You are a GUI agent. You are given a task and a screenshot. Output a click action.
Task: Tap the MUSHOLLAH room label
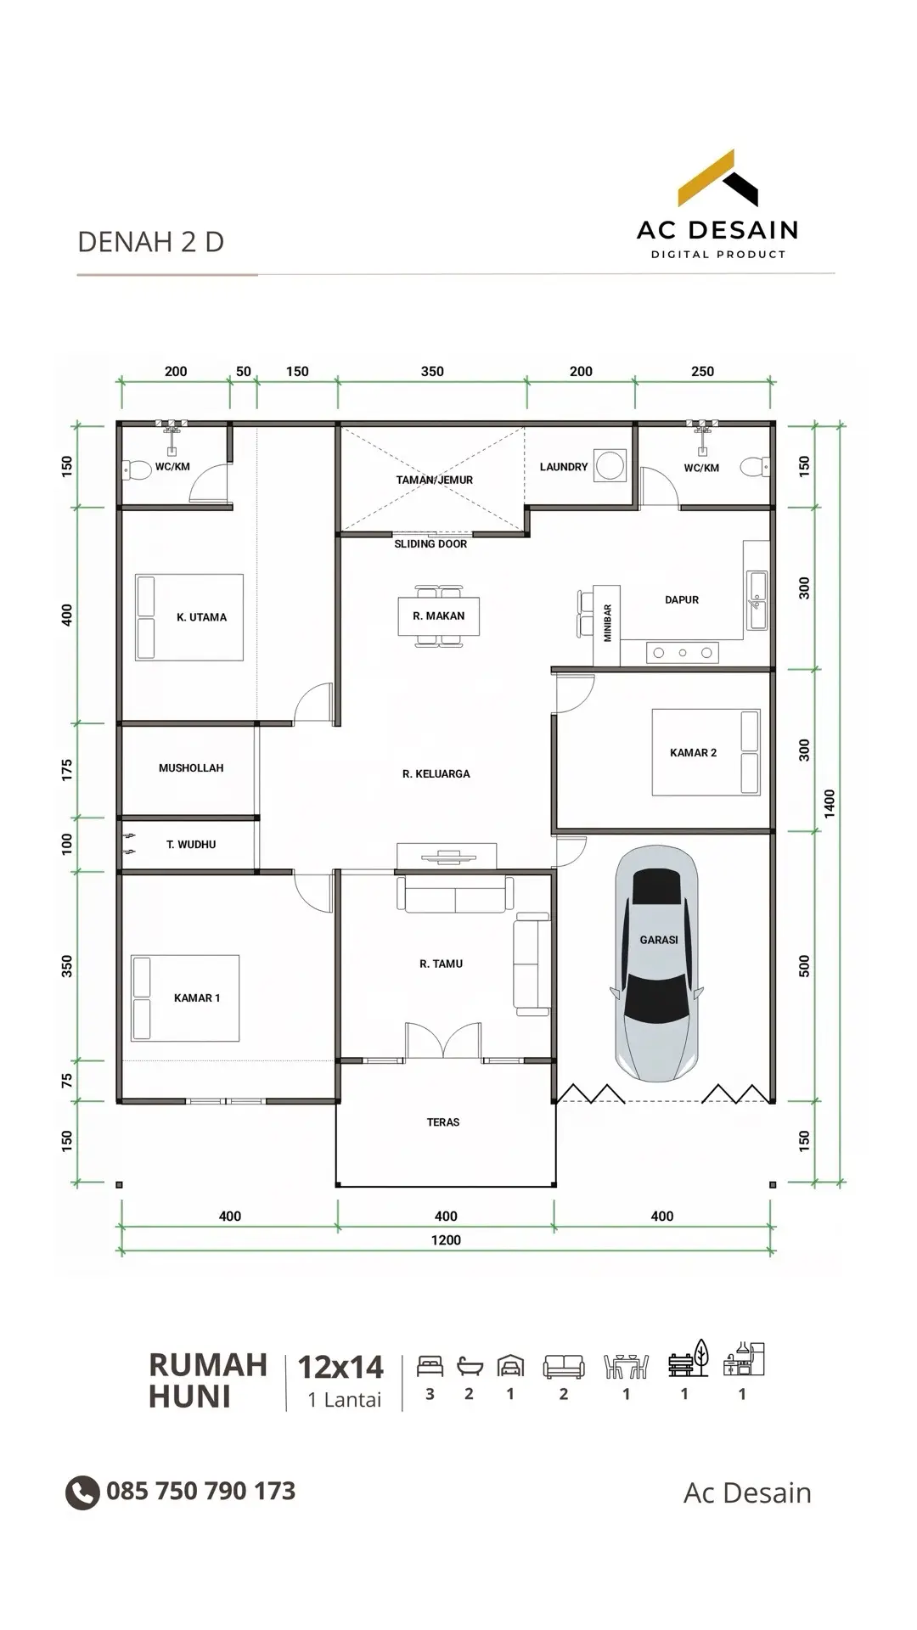pyautogui.click(x=191, y=768)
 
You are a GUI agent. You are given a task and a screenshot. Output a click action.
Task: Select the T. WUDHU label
pyautogui.click(x=191, y=845)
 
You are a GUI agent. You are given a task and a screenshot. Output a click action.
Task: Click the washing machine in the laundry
pyautogui.click(x=610, y=465)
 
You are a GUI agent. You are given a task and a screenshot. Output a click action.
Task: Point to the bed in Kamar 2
pyautogui.click(x=706, y=752)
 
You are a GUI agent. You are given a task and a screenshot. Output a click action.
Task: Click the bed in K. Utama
pyautogui.click(x=189, y=617)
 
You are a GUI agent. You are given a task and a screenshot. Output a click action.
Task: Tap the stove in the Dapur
pyautogui.click(x=682, y=652)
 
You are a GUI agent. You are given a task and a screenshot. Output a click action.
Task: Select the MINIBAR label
pyautogui.click(x=608, y=623)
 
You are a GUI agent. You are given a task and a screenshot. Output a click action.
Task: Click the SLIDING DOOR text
pyautogui.click(x=430, y=544)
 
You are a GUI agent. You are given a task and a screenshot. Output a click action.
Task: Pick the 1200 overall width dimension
pyautogui.click(x=446, y=1240)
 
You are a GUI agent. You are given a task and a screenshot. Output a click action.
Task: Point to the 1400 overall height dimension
pyautogui.click(x=830, y=803)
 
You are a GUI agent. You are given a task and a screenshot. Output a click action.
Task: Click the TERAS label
pyautogui.click(x=443, y=1122)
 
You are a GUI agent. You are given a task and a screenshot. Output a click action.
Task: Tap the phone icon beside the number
pyautogui.click(x=82, y=1492)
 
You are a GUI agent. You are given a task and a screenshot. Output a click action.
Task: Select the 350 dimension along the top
pyautogui.click(x=432, y=372)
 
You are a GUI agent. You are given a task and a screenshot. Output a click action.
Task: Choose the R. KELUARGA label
pyautogui.click(x=436, y=774)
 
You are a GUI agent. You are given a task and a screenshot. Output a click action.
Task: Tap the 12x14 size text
pyautogui.click(x=340, y=1367)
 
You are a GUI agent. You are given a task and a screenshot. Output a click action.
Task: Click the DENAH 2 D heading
pyautogui.click(x=151, y=242)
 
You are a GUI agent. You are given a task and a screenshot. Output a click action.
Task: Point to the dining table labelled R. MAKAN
pyautogui.click(x=439, y=616)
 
